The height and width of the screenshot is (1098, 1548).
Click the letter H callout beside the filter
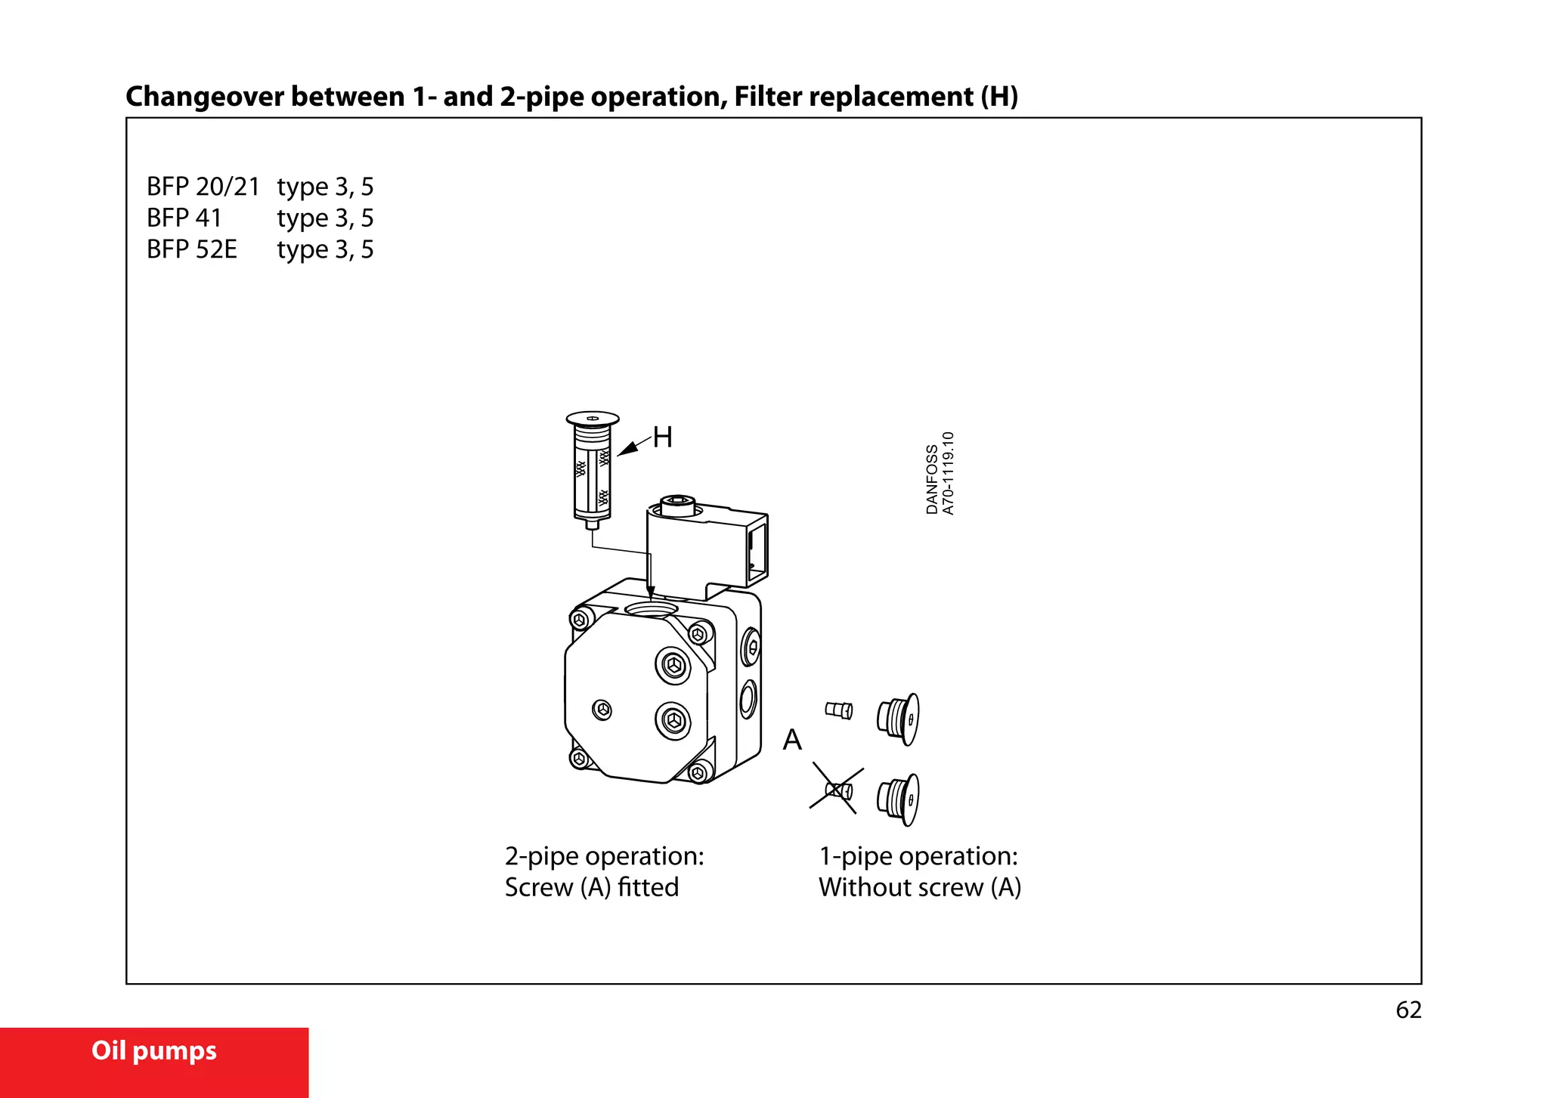662,437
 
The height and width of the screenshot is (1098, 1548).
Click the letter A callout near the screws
791,739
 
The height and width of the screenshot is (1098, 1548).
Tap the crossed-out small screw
838,790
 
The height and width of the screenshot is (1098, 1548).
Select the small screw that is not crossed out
838,710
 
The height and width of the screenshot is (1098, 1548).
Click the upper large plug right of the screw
899,718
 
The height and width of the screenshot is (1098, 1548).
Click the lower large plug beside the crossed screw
899,799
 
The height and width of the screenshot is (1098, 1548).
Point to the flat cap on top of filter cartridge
593,419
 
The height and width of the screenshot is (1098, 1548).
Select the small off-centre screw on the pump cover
602,710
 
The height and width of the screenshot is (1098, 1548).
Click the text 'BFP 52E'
192,249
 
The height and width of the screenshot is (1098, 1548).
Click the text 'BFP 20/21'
203,187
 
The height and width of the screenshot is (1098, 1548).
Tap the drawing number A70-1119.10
949,473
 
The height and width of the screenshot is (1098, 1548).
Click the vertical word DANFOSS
932,479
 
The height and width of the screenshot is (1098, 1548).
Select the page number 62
1408,1010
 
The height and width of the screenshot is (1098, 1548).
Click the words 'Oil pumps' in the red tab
154,1050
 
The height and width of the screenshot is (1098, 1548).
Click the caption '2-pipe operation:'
604,856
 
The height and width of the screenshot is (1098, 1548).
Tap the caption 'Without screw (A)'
919,887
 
